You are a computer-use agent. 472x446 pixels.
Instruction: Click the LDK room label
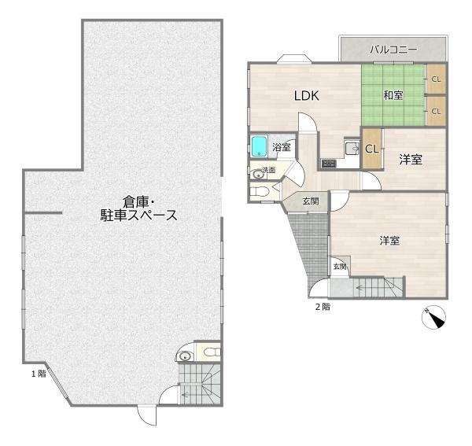tap(307, 96)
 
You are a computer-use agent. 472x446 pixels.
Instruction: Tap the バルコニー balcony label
tap(393, 50)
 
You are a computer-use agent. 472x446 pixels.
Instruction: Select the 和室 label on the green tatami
tap(393, 95)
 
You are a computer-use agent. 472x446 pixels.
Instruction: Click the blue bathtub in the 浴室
tap(259, 146)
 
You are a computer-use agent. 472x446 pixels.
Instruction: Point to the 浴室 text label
tap(282, 147)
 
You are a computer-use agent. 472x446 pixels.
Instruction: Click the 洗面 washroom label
tap(269, 170)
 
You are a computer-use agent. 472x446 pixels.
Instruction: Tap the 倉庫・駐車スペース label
tap(138, 209)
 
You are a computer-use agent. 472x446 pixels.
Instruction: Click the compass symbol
tap(433, 317)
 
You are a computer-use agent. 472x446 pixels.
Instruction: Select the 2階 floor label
tap(323, 307)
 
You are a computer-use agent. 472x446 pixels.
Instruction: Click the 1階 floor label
tap(39, 374)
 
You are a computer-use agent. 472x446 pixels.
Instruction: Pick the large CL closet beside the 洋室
tap(372, 149)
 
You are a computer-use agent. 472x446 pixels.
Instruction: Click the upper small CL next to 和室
tap(436, 79)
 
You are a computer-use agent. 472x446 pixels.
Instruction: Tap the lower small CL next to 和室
tap(436, 111)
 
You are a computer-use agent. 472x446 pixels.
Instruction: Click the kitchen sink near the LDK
tap(352, 148)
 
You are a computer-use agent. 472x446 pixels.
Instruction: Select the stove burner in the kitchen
tap(328, 164)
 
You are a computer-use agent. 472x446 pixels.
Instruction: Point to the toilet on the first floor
tap(212, 352)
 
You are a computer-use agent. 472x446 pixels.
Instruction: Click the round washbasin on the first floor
tap(184, 356)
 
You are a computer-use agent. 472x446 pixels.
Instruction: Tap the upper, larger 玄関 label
tap(311, 201)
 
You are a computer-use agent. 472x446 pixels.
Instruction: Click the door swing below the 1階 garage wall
tap(146, 415)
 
